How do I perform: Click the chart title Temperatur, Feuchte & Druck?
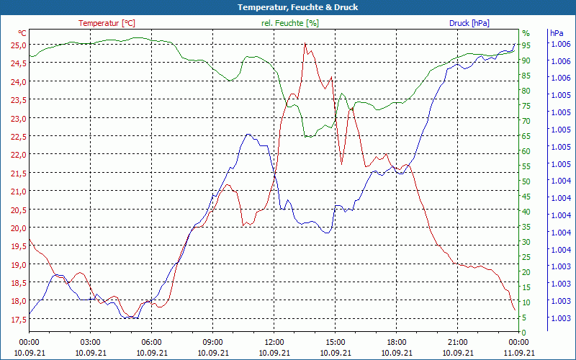(288, 7)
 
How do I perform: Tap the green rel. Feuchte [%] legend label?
(289, 23)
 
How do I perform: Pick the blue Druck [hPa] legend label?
(469, 23)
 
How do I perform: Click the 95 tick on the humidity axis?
(526, 45)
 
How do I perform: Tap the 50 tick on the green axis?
(526, 181)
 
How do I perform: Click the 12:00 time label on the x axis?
(274, 342)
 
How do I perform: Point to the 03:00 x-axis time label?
(90, 342)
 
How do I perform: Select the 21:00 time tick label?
(458, 342)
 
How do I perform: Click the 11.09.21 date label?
(519, 353)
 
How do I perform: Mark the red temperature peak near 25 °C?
(305, 44)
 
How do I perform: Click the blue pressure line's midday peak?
(248, 134)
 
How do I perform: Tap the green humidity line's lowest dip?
(309, 136)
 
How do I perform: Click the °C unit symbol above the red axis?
(22, 33)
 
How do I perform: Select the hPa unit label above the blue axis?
(557, 33)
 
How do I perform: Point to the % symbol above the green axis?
(526, 33)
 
